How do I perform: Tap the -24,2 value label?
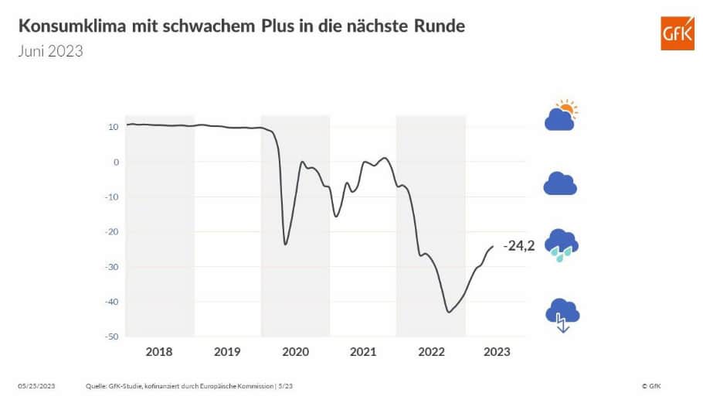pos(518,247)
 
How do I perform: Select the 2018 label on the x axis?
pos(159,351)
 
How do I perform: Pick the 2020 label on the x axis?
pos(295,351)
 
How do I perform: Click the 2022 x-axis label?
pos(430,351)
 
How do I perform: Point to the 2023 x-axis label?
pos(496,351)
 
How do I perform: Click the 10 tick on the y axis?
pos(113,127)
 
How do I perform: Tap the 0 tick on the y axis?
pos(115,162)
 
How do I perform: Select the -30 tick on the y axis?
pos(111,267)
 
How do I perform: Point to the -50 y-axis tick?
pos(111,337)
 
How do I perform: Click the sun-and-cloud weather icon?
pos(562,115)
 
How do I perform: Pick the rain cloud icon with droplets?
pos(562,244)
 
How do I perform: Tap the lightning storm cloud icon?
pos(562,314)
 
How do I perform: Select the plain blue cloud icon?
pos(561,184)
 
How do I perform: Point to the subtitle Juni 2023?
pos(50,52)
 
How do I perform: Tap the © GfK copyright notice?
pos(650,385)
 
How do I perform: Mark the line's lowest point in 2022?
pos(449,312)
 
